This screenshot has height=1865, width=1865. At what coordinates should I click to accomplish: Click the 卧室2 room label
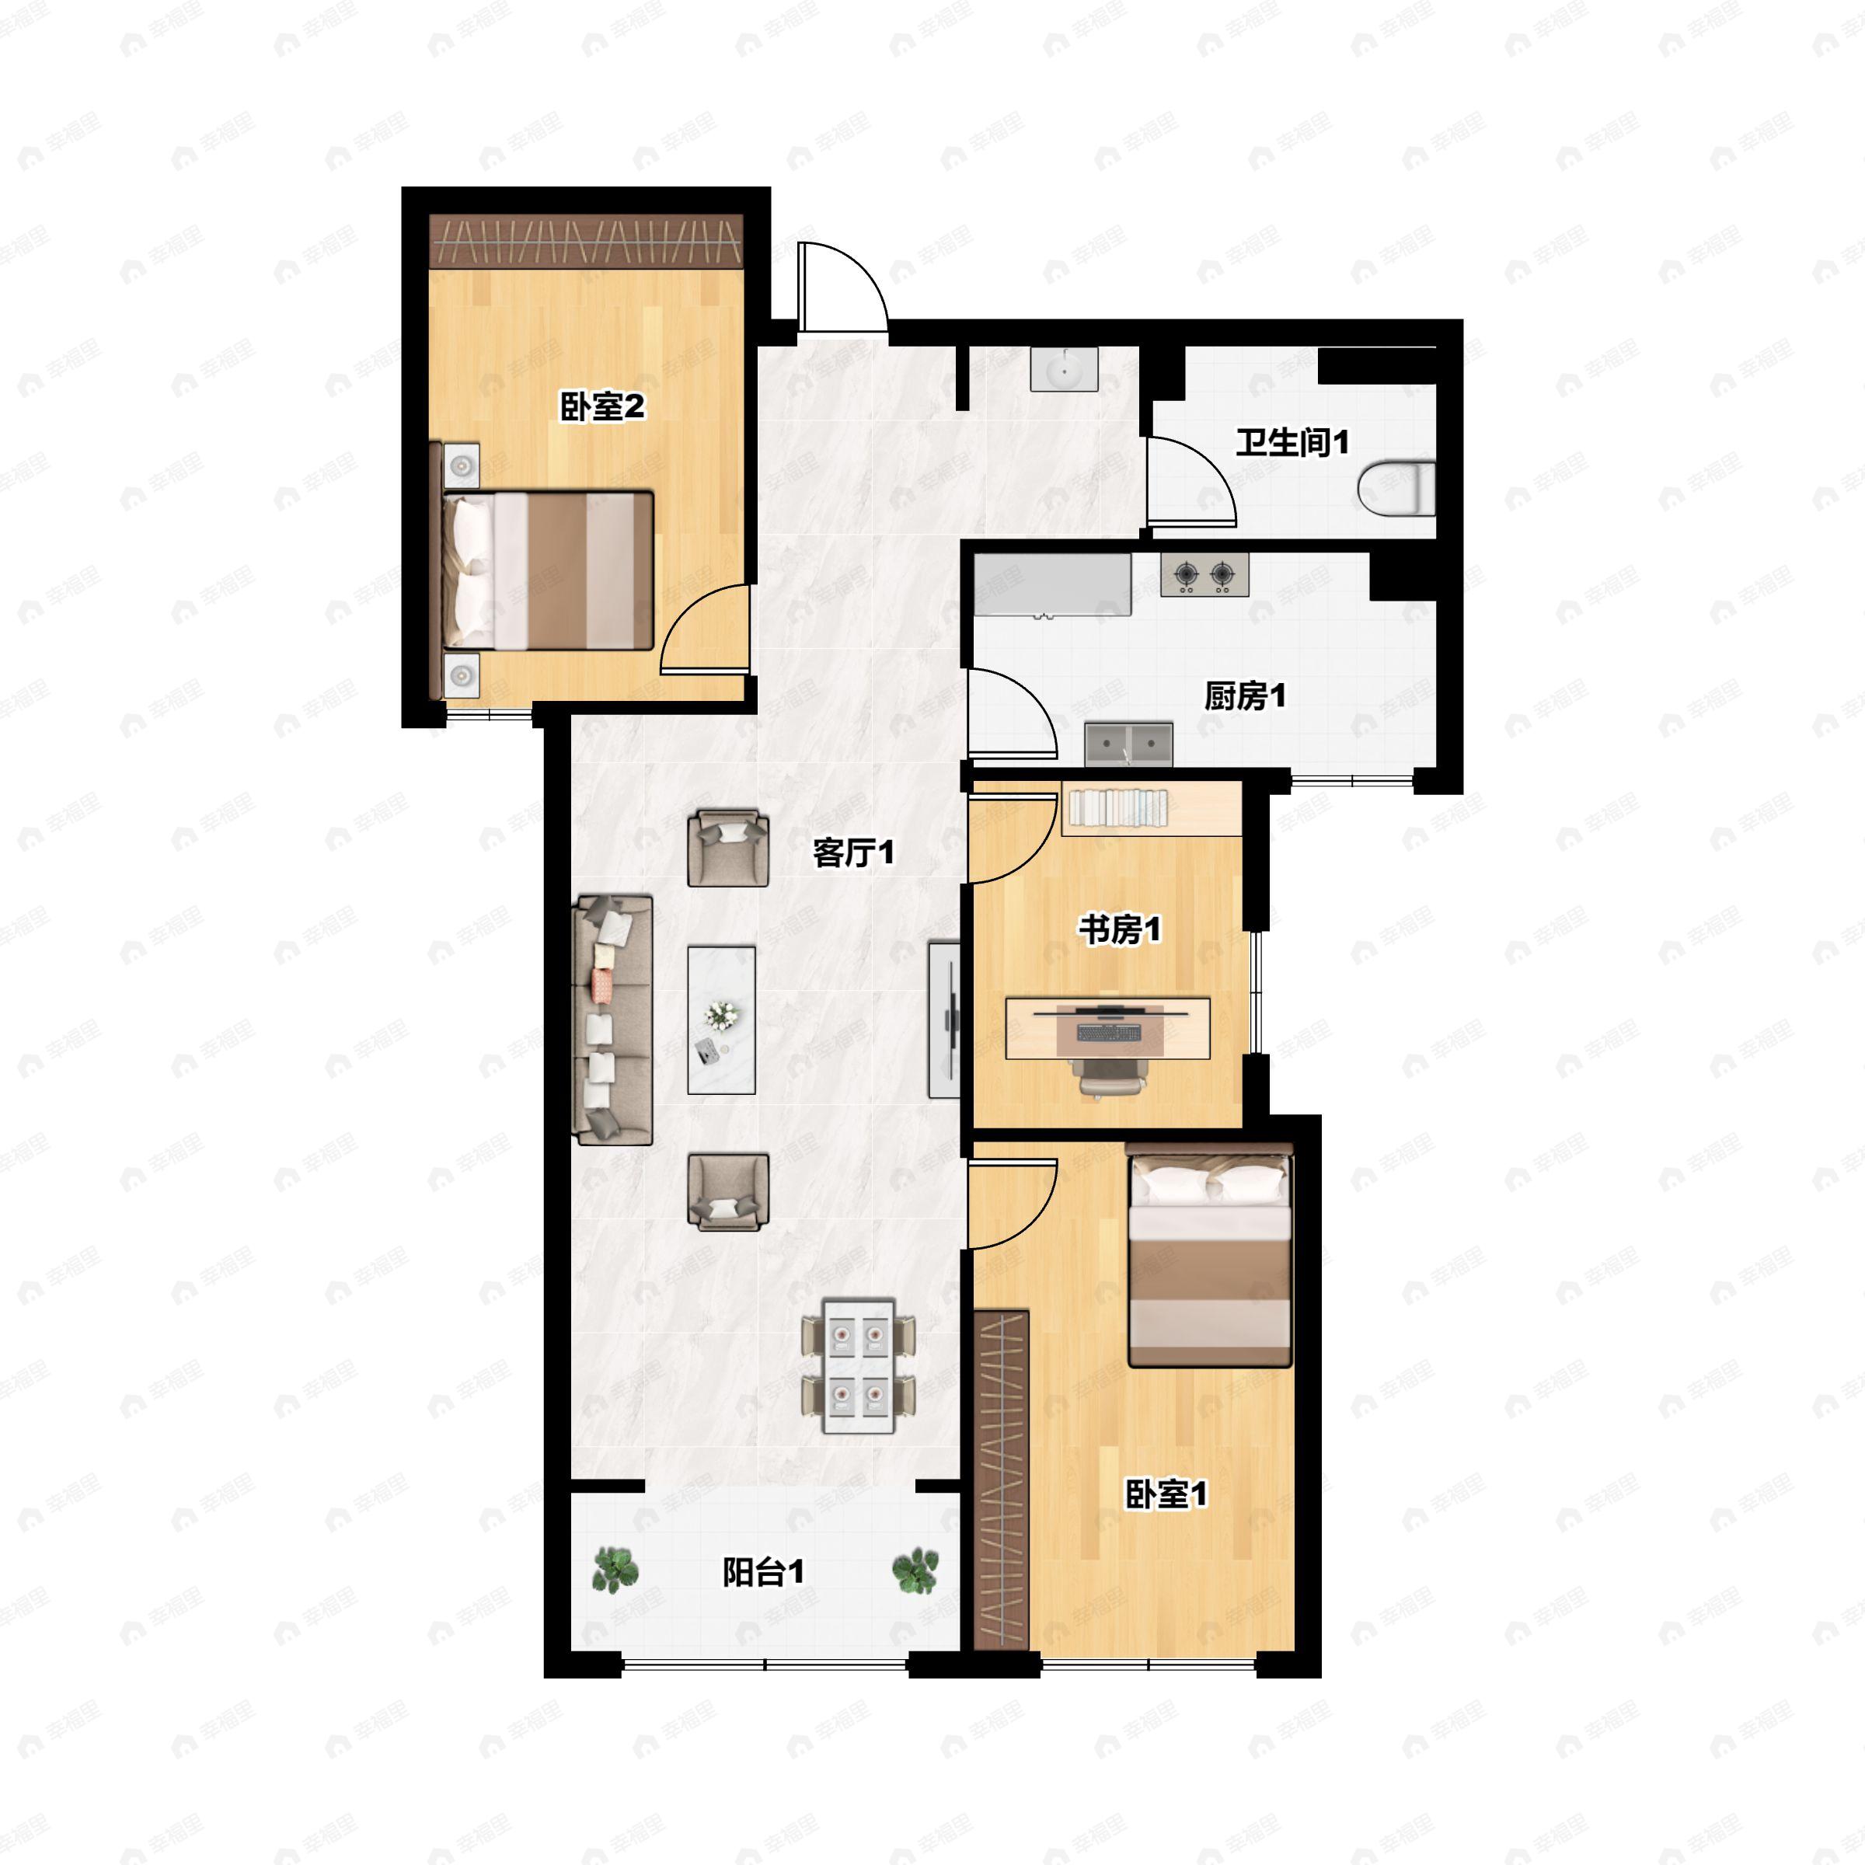(602, 406)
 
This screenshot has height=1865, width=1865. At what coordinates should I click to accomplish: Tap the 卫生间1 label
(1292, 443)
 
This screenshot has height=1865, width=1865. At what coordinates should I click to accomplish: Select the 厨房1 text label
(1244, 696)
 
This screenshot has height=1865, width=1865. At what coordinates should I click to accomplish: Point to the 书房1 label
(1120, 931)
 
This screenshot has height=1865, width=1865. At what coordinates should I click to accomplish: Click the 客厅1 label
(853, 852)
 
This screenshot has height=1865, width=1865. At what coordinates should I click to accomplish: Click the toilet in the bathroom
(1397, 489)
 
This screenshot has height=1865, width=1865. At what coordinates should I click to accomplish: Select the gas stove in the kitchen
(1204, 575)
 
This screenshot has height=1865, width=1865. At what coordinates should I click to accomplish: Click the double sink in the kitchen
(1128, 744)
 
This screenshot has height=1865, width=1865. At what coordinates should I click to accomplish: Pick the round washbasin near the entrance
(1064, 370)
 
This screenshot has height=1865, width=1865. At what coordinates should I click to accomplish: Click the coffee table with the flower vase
(721, 1020)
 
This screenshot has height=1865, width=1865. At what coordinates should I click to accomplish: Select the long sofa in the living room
(613, 1020)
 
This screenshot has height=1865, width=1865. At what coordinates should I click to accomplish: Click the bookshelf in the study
(1152, 809)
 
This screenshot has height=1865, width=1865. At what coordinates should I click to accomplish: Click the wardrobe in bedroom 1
(1001, 1479)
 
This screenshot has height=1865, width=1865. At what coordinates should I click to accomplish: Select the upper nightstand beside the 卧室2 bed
(462, 467)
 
